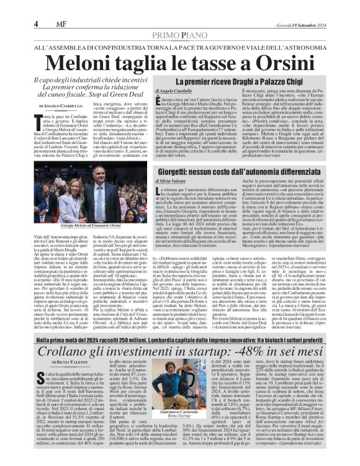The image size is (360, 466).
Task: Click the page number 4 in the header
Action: pyautogui.click(x=36, y=7)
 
